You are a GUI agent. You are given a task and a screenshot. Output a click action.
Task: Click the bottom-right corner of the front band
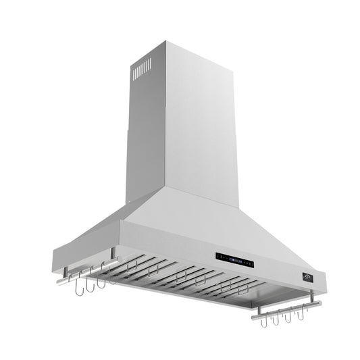[325, 284]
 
